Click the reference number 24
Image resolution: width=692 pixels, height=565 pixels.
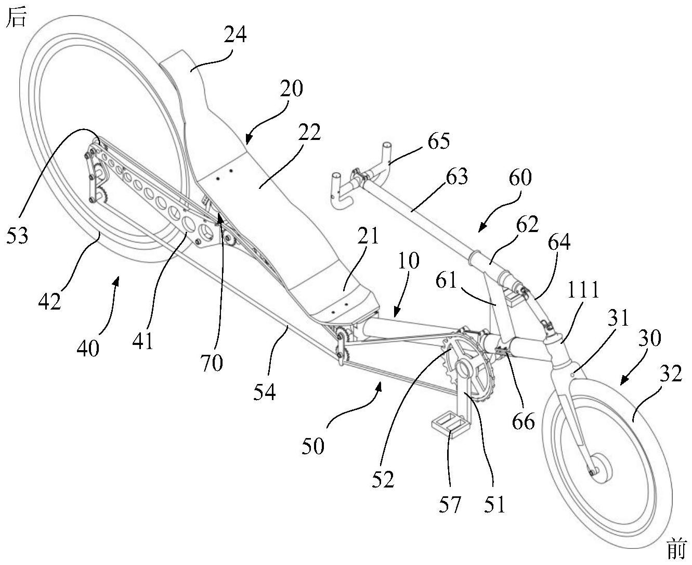click(235, 36)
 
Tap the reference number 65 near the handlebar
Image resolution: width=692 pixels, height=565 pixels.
click(439, 142)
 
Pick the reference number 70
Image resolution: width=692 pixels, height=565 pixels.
click(211, 363)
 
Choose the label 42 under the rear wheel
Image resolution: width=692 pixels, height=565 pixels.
click(49, 301)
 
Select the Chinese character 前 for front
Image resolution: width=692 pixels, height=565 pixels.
click(677, 549)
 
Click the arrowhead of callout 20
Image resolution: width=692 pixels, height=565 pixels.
click(247, 140)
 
